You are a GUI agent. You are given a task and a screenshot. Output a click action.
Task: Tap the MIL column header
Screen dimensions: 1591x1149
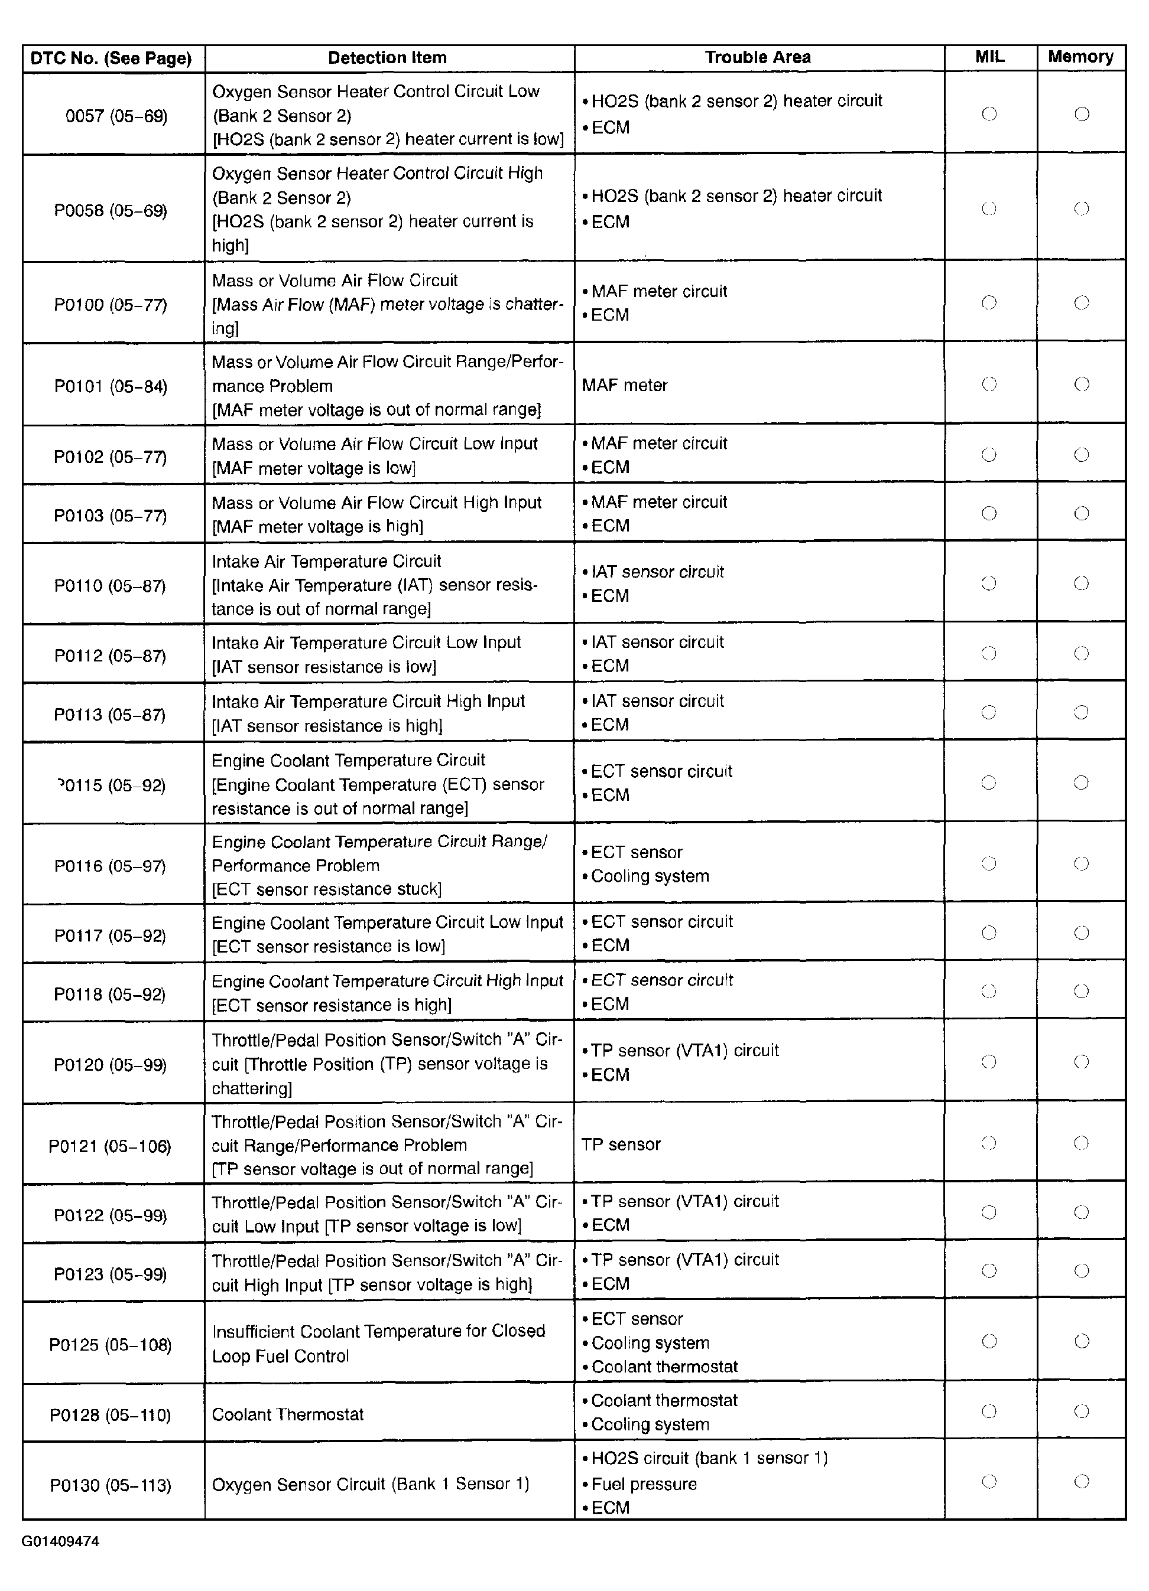[x=989, y=57]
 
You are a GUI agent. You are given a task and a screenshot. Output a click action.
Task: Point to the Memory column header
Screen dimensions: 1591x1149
[x=1080, y=57]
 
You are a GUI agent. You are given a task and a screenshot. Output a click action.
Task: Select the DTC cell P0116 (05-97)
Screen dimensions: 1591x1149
[x=110, y=866]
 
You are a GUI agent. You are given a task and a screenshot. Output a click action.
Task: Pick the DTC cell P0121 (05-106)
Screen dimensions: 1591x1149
[x=109, y=1146]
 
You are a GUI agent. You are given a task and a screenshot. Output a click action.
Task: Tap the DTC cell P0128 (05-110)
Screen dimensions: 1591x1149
[x=110, y=1415]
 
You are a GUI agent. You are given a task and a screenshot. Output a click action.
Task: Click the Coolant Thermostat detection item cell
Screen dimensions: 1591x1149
[x=288, y=1414]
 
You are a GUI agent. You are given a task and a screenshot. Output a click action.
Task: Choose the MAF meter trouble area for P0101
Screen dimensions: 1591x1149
[x=625, y=385]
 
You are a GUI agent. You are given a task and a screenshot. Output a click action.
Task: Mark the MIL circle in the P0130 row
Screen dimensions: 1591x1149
[x=989, y=1482]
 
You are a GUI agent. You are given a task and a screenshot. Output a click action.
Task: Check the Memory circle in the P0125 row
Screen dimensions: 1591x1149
[x=1082, y=1341]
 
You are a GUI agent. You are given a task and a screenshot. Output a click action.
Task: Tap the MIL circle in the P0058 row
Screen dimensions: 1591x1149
[x=989, y=208]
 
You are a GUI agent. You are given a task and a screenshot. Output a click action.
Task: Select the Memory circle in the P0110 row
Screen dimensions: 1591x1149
[x=1082, y=583]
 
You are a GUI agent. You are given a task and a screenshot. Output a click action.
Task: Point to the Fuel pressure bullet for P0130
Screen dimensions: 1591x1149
[x=644, y=1484]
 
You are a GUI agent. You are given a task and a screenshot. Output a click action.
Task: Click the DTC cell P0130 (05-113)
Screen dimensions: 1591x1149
[x=110, y=1485]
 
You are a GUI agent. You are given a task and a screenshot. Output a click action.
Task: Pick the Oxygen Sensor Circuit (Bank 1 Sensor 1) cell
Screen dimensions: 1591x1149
[x=371, y=1484]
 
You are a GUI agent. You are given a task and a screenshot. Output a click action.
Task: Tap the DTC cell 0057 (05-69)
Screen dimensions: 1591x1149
[x=116, y=116]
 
